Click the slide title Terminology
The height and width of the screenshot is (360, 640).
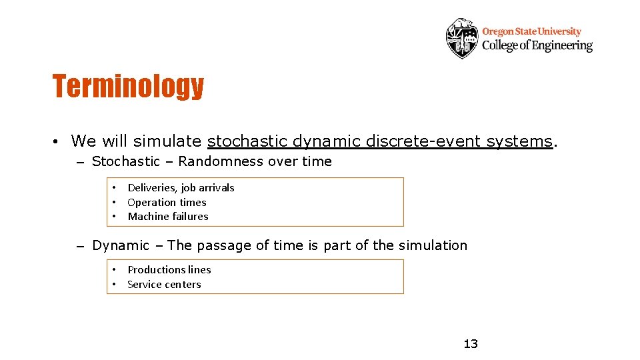pos(128,86)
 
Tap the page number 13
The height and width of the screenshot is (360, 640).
pos(471,344)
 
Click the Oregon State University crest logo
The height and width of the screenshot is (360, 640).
pos(462,38)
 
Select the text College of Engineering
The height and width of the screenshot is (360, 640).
pos(537,46)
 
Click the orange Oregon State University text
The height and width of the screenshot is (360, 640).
pos(531,31)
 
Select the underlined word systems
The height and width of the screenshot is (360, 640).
pos(519,141)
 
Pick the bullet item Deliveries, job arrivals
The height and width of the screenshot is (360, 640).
pos(181,188)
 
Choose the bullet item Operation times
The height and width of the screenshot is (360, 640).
pos(167,203)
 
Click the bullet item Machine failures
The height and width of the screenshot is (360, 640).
pos(167,217)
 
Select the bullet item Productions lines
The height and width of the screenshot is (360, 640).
pos(169,270)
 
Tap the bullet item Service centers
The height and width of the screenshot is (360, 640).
pos(164,285)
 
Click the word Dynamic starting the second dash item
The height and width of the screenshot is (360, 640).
pos(121,245)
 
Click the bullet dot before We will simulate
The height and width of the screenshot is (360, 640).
pos(59,142)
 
